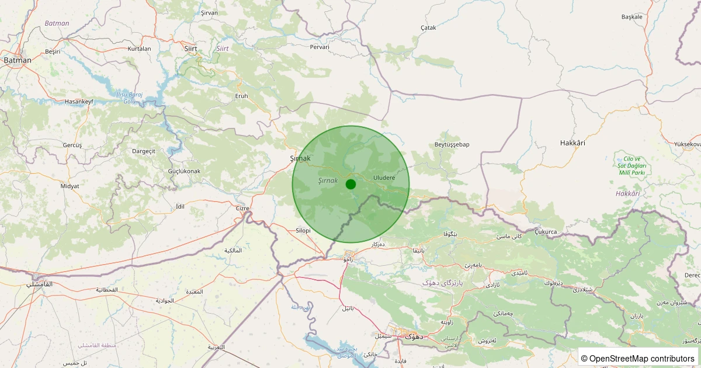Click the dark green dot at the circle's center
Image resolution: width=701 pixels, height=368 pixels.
(x=350, y=184)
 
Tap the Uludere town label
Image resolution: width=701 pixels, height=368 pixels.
(x=380, y=178)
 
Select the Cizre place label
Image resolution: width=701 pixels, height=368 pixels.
(x=242, y=208)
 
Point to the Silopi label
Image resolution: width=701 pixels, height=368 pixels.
(x=303, y=231)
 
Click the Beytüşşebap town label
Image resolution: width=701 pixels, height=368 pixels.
(x=452, y=144)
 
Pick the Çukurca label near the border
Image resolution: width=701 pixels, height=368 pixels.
(x=546, y=232)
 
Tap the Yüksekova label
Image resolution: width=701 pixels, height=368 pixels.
(x=686, y=144)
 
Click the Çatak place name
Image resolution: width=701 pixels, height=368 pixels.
(x=428, y=27)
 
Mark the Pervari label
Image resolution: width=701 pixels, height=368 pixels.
(x=320, y=47)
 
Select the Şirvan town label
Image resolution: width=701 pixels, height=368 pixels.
(x=209, y=13)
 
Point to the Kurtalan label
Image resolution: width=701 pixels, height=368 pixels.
(x=139, y=48)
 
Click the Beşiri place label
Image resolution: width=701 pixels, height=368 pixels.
(x=53, y=51)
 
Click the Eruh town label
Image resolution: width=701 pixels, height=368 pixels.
(x=241, y=96)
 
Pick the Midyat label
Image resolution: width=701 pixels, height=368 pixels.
(x=70, y=186)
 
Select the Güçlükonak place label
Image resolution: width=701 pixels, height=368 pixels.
(x=184, y=171)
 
